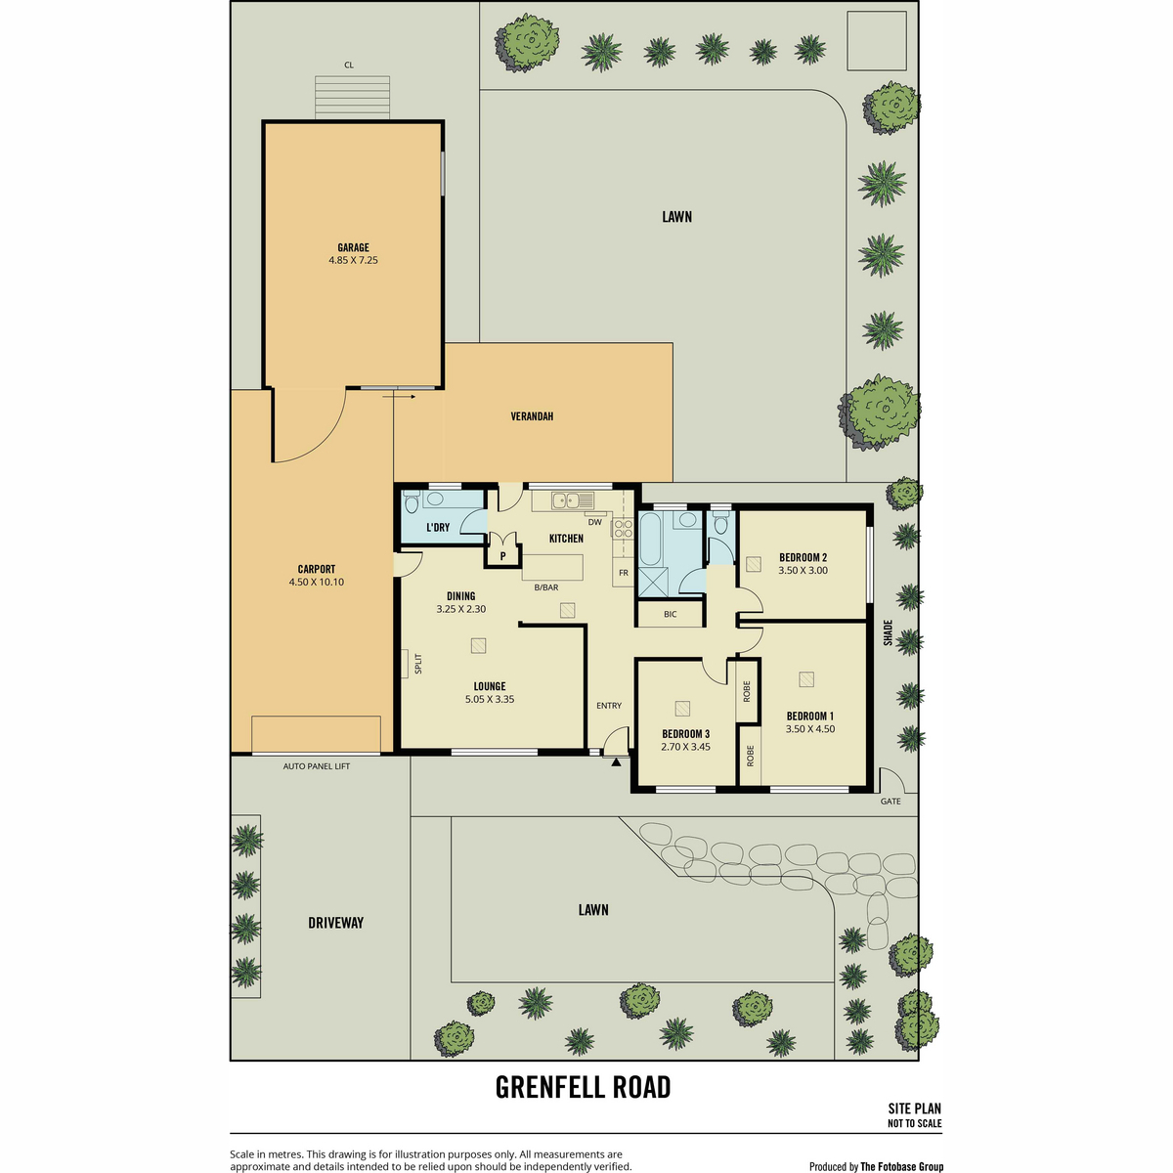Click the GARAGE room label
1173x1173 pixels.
point(353,247)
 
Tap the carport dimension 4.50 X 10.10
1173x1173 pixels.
point(317,582)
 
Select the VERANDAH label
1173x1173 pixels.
point(532,416)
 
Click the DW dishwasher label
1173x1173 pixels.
point(594,522)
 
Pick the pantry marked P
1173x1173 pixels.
point(502,556)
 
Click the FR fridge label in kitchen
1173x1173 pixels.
point(624,573)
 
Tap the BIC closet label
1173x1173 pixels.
point(671,614)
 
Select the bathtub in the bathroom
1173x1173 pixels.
point(653,540)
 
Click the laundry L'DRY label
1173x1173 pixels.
point(438,527)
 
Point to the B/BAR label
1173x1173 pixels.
point(546,587)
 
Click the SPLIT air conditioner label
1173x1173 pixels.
point(418,664)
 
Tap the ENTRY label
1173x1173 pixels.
point(609,706)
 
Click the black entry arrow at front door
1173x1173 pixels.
point(616,760)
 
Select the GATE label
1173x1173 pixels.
point(890,802)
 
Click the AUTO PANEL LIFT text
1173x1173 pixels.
point(317,766)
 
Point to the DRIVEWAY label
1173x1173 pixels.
point(335,922)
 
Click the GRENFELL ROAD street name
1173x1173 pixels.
point(584,1087)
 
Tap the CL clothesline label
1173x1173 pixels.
point(349,65)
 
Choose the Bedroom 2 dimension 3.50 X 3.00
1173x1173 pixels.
point(803,570)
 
